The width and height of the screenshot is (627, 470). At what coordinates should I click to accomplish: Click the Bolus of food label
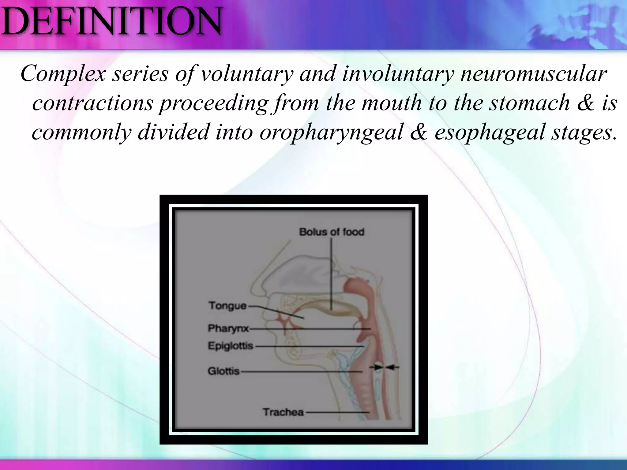[332, 232]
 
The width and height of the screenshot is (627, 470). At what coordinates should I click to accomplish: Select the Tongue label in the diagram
[227, 306]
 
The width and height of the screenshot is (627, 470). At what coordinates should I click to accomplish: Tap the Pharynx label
[228, 329]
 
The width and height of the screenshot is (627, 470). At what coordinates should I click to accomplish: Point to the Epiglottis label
[231, 346]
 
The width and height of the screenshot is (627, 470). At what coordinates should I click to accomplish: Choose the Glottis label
[223, 371]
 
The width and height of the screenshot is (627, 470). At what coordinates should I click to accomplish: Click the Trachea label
[283, 412]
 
